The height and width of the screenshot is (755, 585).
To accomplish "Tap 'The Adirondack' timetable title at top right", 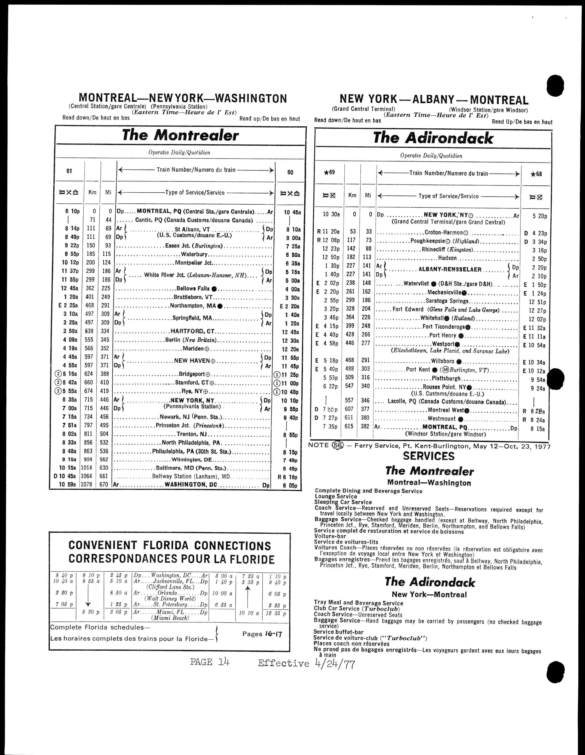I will (433, 138).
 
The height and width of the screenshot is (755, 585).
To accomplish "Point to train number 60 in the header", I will (290, 172).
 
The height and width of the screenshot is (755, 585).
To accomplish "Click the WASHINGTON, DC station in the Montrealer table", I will (191, 485).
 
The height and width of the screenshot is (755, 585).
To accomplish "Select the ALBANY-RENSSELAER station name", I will (450, 269).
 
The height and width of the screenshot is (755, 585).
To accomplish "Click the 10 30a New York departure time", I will (331, 214).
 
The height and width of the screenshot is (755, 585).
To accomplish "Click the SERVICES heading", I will (429, 456).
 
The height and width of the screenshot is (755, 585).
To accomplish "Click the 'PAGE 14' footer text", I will (210, 662).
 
